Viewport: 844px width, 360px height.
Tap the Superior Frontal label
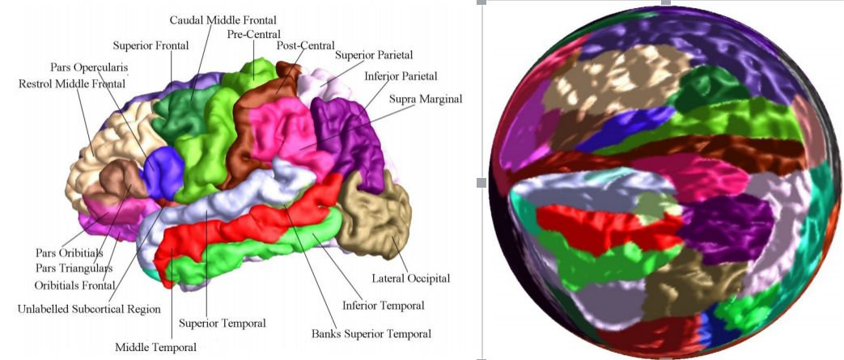click(151, 45)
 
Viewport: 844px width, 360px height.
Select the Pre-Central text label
click(254, 34)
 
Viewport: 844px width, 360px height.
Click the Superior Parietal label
click(375, 55)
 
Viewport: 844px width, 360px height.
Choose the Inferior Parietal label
click(401, 76)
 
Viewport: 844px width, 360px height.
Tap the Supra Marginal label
click(426, 99)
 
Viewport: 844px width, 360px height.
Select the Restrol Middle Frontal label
click(72, 83)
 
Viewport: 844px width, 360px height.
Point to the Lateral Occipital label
click(411, 278)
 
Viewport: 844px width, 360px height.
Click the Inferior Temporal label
click(383, 305)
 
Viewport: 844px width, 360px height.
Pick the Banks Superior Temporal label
click(371, 332)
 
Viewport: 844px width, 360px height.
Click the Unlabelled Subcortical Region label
click(90, 309)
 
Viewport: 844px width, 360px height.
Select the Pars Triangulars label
click(74, 268)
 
